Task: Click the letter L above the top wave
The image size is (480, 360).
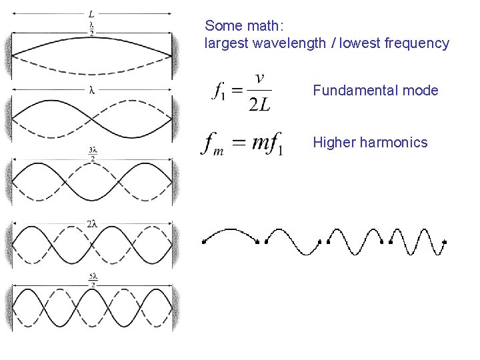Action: point(91,13)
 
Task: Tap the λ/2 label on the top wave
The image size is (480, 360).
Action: point(91,28)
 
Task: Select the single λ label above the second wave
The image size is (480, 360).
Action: point(91,90)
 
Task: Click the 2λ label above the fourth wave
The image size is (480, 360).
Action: point(92,225)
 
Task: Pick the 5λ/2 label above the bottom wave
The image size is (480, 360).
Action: point(93,279)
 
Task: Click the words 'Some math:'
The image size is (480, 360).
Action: point(244,26)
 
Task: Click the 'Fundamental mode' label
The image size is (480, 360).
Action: point(375,91)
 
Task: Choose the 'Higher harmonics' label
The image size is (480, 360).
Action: point(370,142)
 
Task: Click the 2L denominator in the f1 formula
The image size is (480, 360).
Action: point(259,104)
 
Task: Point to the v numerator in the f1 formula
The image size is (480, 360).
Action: point(259,78)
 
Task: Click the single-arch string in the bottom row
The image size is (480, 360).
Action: point(231,235)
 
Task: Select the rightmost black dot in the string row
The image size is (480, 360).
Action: point(444,242)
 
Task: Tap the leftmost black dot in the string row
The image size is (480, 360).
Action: point(203,243)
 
